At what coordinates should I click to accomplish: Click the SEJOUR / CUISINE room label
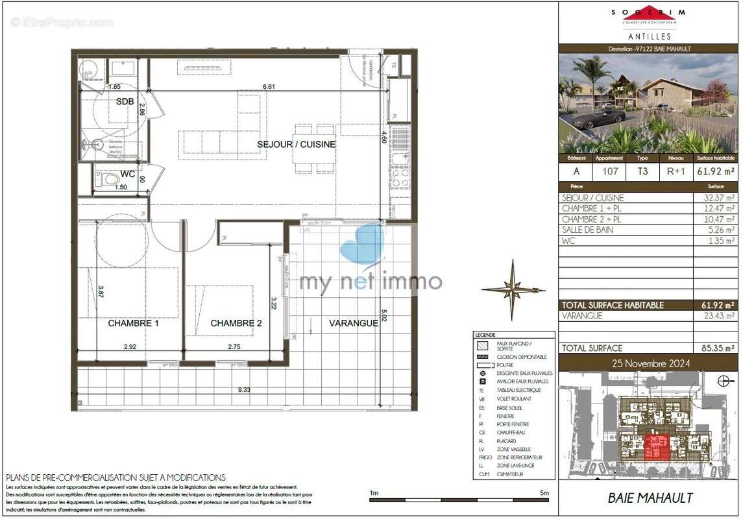[x=296, y=144]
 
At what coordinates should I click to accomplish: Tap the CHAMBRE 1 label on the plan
[x=134, y=323]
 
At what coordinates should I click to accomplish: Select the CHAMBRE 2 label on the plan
[x=236, y=323]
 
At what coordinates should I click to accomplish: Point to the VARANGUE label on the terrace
[x=353, y=323]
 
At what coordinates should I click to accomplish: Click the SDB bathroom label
[x=125, y=102]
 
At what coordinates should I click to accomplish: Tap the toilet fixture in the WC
[x=108, y=179]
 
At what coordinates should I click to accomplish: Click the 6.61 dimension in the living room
[x=269, y=86]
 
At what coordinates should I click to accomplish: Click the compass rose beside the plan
[x=513, y=289]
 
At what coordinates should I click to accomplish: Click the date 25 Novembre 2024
[x=649, y=363]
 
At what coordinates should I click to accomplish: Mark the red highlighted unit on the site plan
[x=656, y=447]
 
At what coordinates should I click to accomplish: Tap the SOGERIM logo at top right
[x=649, y=18]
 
